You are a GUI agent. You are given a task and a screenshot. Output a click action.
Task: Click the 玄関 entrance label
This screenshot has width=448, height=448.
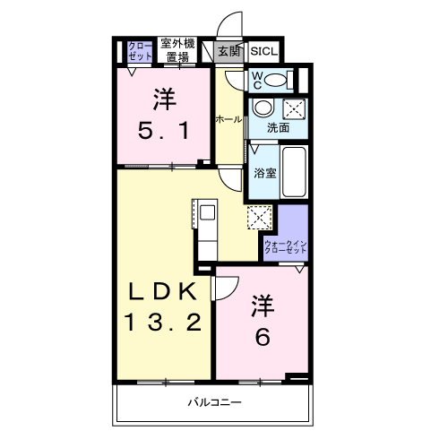(228, 52)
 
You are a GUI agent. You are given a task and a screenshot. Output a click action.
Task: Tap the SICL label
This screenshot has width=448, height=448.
(263, 52)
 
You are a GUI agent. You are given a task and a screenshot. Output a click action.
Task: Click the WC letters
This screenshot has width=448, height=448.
(255, 80)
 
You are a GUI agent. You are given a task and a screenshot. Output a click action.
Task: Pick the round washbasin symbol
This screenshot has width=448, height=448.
(263, 108)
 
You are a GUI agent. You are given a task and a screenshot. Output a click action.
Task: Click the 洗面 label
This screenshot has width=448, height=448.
(278, 128)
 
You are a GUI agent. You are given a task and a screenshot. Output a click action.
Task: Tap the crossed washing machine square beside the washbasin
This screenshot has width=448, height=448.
(294, 109)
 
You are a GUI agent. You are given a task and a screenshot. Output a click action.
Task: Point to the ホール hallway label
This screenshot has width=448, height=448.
(228, 118)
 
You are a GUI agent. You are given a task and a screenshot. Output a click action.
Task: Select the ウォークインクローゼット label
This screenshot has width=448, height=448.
(286, 247)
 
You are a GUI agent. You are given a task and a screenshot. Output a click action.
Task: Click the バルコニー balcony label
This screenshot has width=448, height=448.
(214, 403)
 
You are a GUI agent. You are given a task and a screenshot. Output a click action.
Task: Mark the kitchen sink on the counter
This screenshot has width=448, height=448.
(206, 214)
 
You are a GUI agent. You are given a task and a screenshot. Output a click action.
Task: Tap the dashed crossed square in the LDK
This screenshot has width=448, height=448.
(259, 218)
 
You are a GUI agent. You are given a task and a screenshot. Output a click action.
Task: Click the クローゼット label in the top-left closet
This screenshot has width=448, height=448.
(140, 50)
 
